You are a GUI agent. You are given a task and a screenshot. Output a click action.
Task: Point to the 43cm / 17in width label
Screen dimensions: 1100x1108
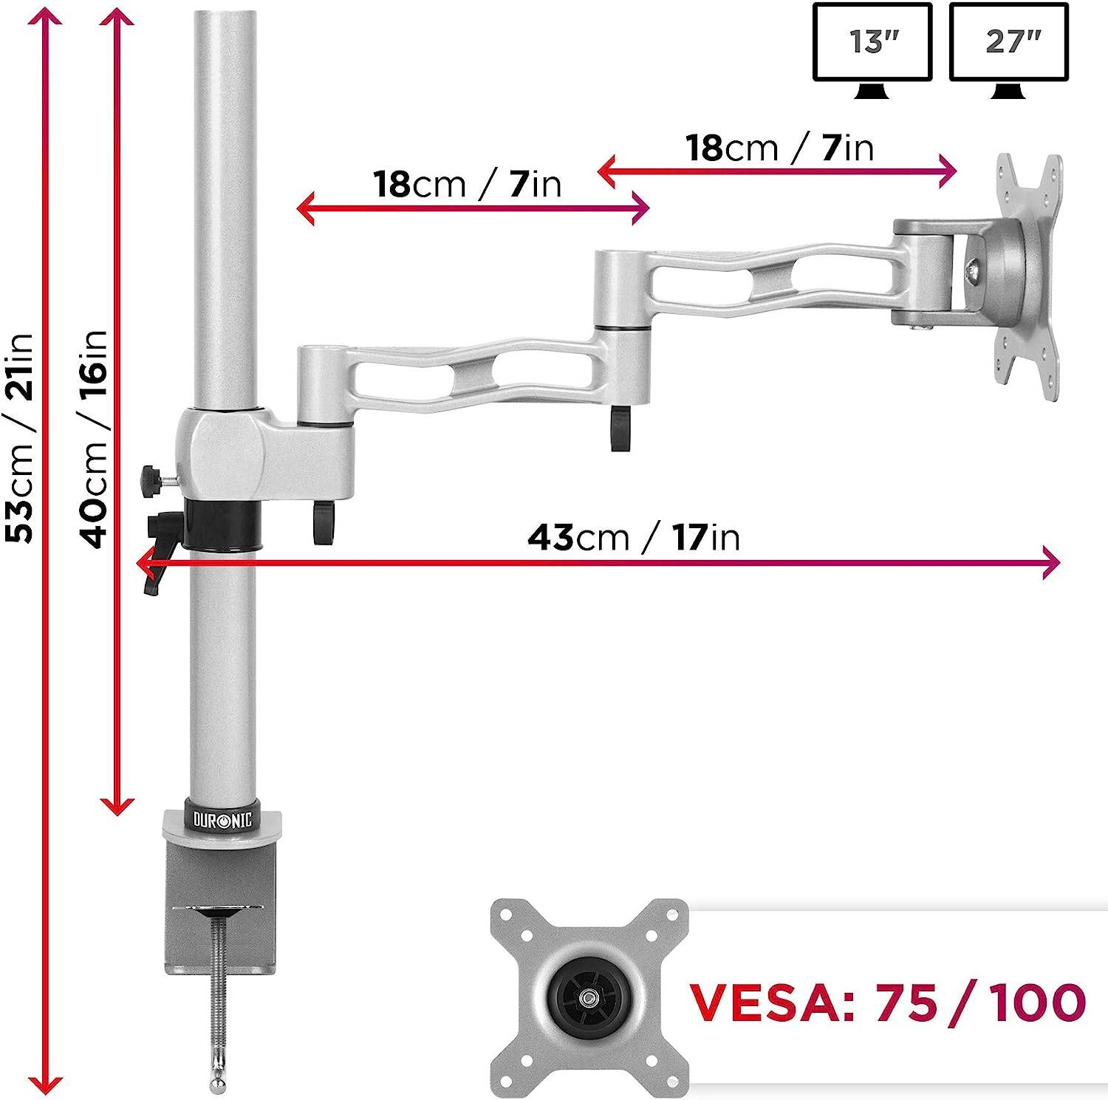point(633,537)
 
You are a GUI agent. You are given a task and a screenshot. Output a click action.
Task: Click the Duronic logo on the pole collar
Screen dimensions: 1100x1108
point(222,819)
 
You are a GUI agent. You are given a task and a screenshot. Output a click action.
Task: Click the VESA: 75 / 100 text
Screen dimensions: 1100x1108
point(887,1002)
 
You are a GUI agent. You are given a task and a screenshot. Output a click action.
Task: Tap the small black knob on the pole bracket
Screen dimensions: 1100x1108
point(152,481)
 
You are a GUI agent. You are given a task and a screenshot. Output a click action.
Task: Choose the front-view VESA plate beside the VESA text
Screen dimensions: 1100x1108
point(589,996)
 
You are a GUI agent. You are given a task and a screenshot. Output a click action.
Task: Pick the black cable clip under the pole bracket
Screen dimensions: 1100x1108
point(323,522)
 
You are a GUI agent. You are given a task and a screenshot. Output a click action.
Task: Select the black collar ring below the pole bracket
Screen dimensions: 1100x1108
point(222,524)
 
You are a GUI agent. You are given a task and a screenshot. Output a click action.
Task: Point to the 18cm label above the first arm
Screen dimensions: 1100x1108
point(467,184)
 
